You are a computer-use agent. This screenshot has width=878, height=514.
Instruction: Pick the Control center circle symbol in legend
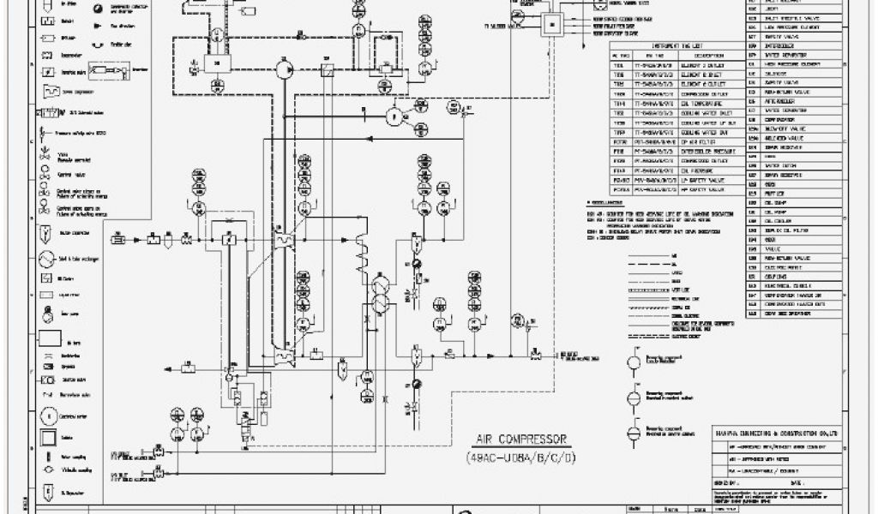45,416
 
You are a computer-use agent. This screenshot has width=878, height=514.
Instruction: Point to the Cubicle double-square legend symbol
45,437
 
